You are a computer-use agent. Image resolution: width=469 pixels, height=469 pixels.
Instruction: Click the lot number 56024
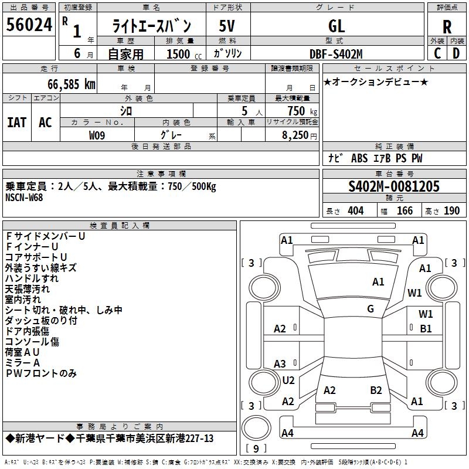coord(29,25)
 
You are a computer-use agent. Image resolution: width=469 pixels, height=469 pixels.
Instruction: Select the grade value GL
coord(337,26)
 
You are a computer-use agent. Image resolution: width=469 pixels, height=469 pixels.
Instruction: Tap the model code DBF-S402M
coord(336,54)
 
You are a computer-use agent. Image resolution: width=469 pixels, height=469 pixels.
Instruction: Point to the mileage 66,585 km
coord(72,84)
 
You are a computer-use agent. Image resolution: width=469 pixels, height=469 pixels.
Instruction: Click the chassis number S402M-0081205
coord(394,186)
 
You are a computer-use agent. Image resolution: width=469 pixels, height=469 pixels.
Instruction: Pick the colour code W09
coord(97,135)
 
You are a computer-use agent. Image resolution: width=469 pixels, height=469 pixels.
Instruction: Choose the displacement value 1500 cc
coord(184,54)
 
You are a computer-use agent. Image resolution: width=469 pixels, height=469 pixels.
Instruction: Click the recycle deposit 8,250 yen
coord(299,135)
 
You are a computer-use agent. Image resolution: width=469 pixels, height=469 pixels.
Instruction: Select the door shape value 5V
coord(227,26)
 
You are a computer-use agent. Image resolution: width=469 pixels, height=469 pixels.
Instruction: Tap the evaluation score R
coord(447,27)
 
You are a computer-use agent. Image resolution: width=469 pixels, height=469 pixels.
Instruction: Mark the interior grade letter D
coord(456,53)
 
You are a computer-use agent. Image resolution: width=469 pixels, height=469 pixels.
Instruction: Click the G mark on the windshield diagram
coord(371,309)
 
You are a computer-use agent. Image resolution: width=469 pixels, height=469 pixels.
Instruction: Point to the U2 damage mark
coord(288,380)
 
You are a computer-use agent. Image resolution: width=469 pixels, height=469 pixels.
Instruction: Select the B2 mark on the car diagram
coord(376,390)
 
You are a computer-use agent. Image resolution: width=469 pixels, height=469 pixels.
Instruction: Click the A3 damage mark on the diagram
coord(280,363)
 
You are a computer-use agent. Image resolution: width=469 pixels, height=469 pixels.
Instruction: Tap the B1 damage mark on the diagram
coord(426,329)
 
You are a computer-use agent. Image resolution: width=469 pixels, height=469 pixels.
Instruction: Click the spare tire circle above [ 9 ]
coord(256,428)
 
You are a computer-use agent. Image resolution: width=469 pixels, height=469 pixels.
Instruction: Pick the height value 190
coord(451,211)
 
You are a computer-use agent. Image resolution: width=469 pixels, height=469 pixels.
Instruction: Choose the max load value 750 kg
coord(303,111)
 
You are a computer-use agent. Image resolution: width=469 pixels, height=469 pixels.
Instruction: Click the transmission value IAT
coord(17,123)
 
